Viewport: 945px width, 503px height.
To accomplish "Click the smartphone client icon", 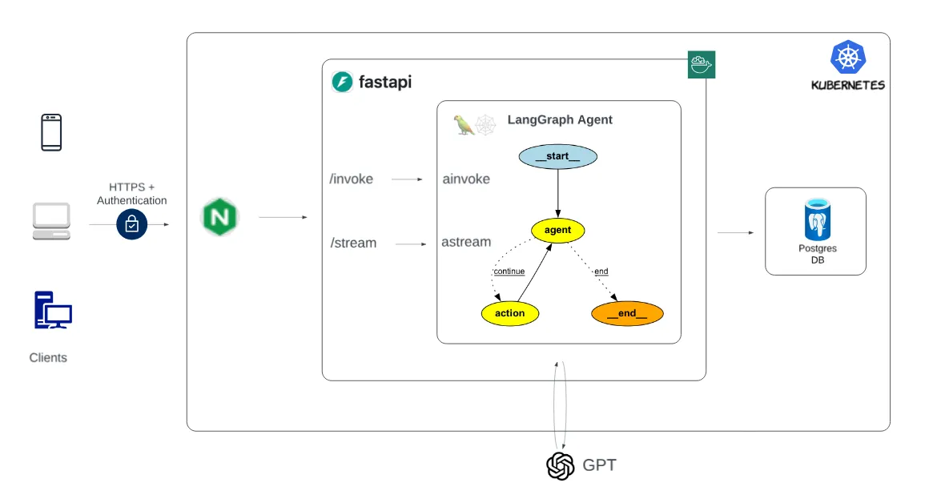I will (51, 132).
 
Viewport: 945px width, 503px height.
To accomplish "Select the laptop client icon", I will (51, 221).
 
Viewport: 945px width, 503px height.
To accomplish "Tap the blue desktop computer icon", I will (53, 311).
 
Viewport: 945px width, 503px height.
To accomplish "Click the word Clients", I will (48, 358).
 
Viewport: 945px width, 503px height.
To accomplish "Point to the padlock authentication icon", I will (131, 225).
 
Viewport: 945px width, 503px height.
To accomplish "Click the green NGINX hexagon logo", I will (219, 217).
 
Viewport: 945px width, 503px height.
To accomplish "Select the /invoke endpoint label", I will (351, 179).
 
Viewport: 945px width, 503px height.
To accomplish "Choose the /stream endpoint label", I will (352, 243).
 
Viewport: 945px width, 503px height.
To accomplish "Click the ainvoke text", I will (466, 179).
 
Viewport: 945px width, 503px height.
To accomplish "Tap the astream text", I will (466, 242).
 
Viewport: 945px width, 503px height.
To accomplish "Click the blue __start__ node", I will (557, 156).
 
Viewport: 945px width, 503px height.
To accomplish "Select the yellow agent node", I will (557, 231).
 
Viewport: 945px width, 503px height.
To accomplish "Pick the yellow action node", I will (509, 313).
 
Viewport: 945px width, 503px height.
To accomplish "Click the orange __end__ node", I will (627, 313).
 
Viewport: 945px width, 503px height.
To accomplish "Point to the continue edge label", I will (509, 272).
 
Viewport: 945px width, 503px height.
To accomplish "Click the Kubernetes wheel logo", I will (848, 58).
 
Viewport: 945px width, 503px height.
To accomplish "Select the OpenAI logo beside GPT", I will (561, 465).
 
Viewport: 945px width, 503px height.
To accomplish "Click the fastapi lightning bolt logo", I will (343, 82).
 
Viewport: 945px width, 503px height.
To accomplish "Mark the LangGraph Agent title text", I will (560, 120).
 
